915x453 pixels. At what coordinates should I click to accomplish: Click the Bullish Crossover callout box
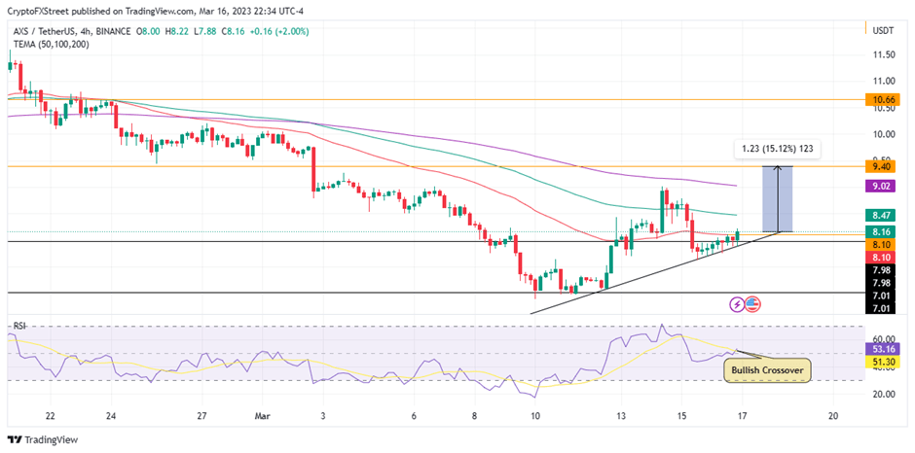767,369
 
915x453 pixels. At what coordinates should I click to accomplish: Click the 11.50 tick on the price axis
884,55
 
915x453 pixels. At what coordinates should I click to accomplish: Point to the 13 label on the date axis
619,414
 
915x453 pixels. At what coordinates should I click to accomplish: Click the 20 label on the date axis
834,414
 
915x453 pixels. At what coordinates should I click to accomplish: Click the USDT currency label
883,31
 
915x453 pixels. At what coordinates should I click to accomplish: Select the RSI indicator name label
18,325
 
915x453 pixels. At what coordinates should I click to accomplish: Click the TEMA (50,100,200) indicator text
51,44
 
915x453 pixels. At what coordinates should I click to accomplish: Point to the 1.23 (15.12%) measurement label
777,149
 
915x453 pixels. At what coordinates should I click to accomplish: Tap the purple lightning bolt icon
737,304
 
